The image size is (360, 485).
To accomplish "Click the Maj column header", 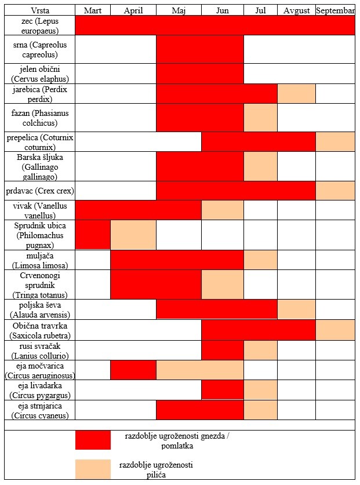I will pyautogui.click(x=179, y=11).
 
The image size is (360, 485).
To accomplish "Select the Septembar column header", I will pyautogui.click(x=335, y=11).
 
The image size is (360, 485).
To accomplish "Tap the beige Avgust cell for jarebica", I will pyautogui.click(x=296, y=93).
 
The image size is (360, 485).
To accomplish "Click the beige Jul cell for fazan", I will pyautogui.click(x=260, y=118).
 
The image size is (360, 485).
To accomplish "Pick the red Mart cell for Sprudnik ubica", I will pyautogui.click(x=93, y=235).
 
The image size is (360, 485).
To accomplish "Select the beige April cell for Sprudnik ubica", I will pyautogui.click(x=133, y=235).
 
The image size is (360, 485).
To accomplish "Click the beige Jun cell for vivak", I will pyautogui.click(x=222, y=210).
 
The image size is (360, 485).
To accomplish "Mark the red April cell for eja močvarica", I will pyautogui.click(x=133, y=370).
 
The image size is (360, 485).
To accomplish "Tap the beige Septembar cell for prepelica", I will pyautogui.click(x=335, y=142).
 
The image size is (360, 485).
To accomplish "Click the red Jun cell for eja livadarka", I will pyautogui.click(x=222, y=390).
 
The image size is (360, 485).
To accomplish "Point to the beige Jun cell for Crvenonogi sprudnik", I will pyautogui.click(x=222, y=284).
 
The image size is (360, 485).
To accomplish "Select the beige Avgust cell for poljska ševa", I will pyautogui.click(x=296, y=309).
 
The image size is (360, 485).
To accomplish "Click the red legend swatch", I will pyautogui.click(x=93, y=440).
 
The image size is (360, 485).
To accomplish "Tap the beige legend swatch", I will pyautogui.click(x=93, y=469).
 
